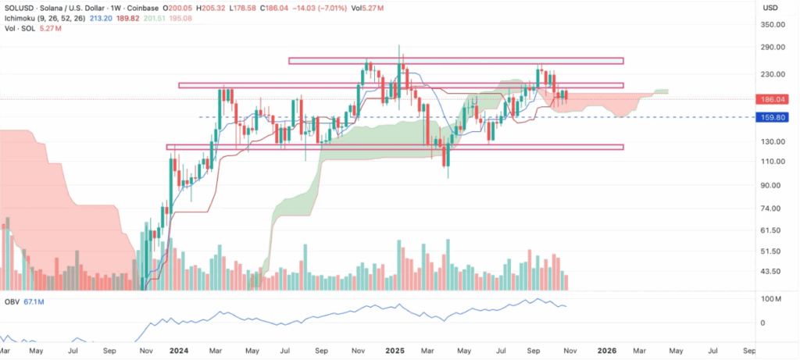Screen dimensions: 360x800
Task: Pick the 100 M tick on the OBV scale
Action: coord(773,299)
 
